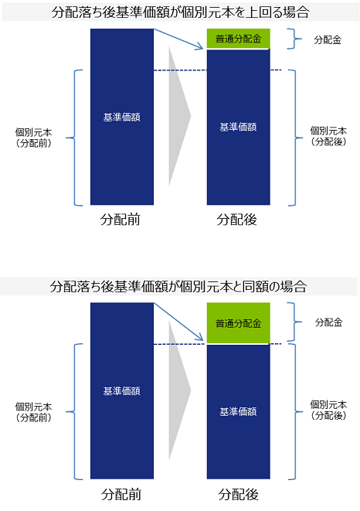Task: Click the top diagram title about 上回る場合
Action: pyautogui.click(x=180, y=12)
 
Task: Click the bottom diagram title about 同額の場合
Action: pyautogui.click(x=178, y=287)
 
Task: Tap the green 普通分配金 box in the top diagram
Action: pyautogui.click(x=239, y=39)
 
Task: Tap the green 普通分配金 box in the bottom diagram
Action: pyautogui.click(x=239, y=323)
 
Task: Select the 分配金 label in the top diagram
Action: pyautogui.click(x=328, y=39)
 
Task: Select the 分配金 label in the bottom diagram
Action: pyautogui.click(x=329, y=322)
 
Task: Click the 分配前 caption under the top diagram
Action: pyautogui.click(x=121, y=220)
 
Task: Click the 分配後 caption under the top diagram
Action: pyautogui.click(x=237, y=220)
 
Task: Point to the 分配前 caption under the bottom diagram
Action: pyautogui.click(x=121, y=495)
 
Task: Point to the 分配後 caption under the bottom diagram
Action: pyautogui.click(x=238, y=495)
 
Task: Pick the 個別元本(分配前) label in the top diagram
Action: pyautogui.click(x=33, y=138)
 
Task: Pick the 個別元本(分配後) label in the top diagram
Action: pyautogui.click(x=328, y=136)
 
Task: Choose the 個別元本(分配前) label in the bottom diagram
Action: pyautogui.click(x=33, y=412)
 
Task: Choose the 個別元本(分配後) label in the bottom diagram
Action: pyautogui.click(x=328, y=411)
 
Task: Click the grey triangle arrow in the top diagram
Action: pyautogui.click(x=178, y=116)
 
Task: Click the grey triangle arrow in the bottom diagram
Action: pyautogui.click(x=178, y=390)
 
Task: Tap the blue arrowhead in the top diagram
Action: pyautogui.click(x=199, y=46)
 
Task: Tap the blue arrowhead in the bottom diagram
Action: pyautogui.click(x=199, y=338)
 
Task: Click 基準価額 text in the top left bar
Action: pyautogui.click(x=122, y=118)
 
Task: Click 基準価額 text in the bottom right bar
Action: pyautogui.click(x=238, y=412)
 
